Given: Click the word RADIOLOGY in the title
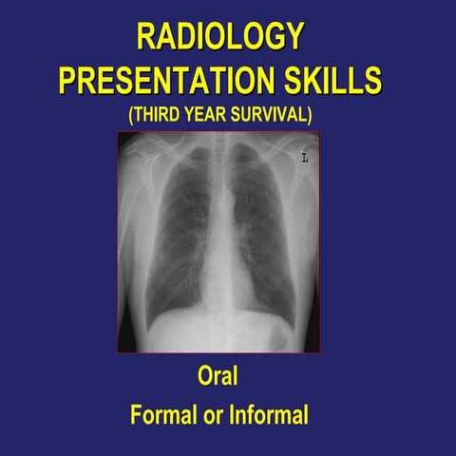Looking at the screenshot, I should point(220,36).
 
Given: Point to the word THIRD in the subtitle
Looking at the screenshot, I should point(175,114).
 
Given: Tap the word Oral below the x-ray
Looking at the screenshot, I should point(218,376).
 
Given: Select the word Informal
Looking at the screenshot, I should point(271,414).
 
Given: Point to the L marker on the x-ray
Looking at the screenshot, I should point(305,158).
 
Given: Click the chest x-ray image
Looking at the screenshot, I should point(218,242).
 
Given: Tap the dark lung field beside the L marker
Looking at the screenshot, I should point(268,228).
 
